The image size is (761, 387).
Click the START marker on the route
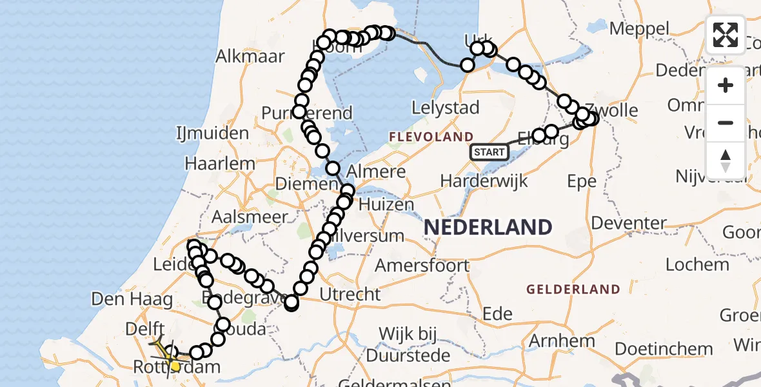[x=489, y=152]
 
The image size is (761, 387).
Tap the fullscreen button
[x=726, y=35]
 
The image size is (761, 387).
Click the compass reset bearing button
[x=726, y=161]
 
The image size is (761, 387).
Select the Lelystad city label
[x=445, y=108]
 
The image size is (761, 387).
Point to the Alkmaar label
[x=250, y=56]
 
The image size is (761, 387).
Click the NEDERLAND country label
[x=488, y=227]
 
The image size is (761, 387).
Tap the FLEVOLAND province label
[x=431, y=137]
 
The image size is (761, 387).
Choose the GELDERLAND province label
[x=573, y=290]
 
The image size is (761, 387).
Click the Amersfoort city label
[x=422, y=265]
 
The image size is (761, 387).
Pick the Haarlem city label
[x=220, y=164]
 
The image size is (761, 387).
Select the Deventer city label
[x=628, y=223]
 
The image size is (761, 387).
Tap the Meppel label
[x=639, y=29]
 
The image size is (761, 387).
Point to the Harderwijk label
[x=484, y=181]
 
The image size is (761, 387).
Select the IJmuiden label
[x=212, y=134]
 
